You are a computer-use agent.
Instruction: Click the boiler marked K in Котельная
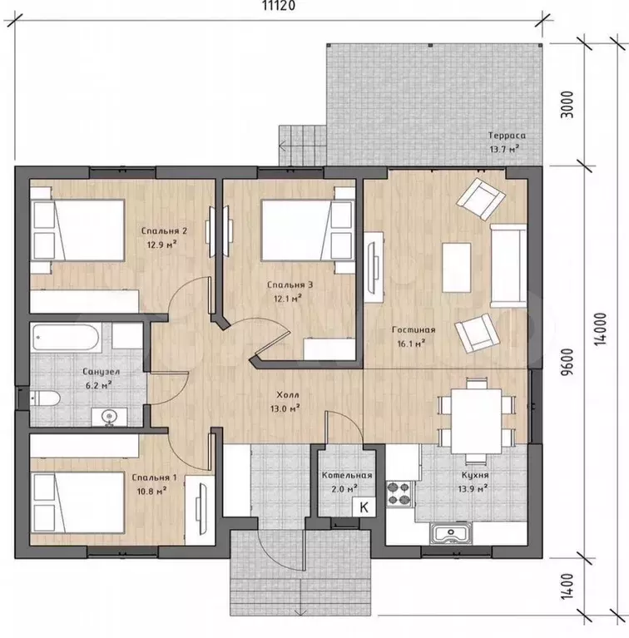pyautogui.click(x=364, y=507)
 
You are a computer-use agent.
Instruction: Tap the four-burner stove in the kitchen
pyautogui.click(x=399, y=494)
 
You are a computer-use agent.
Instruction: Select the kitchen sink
pyautogui.click(x=451, y=533)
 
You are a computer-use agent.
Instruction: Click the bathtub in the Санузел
pyautogui.click(x=65, y=337)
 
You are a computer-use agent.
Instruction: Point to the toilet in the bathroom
pyautogui.click(x=45, y=398)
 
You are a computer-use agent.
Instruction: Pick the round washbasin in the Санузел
pyautogui.click(x=109, y=417)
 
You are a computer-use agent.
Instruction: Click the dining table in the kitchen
pyautogui.click(x=477, y=421)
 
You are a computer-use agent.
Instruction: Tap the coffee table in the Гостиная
pyautogui.click(x=457, y=267)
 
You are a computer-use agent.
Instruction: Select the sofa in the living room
pyautogui.click(x=508, y=265)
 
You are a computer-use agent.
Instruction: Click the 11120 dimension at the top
pyautogui.click(x=278, y=6)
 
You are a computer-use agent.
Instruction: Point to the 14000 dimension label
pyautogui.click(x=601, y=329)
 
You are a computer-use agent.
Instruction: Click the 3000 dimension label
pyautogui.click(x=567, y=105)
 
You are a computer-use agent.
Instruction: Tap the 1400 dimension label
pyautogui.click(x=567, y=586)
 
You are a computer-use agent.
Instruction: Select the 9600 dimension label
pyautogui.click(x=567, y=362)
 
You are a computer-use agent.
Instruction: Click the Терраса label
pyautogui.click(x=507, y=136)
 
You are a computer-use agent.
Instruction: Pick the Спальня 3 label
pyautogui.click(x=290, y=284)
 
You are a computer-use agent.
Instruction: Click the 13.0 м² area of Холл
pyautogui.click(x=285, y=408)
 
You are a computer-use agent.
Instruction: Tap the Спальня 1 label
pyautogui.click(x=154, y=477)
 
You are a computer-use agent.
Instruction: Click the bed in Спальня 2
pyautogui.click(x=77, y=230)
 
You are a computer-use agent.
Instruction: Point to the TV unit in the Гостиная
pyautogui.click(x=374, y=267)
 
